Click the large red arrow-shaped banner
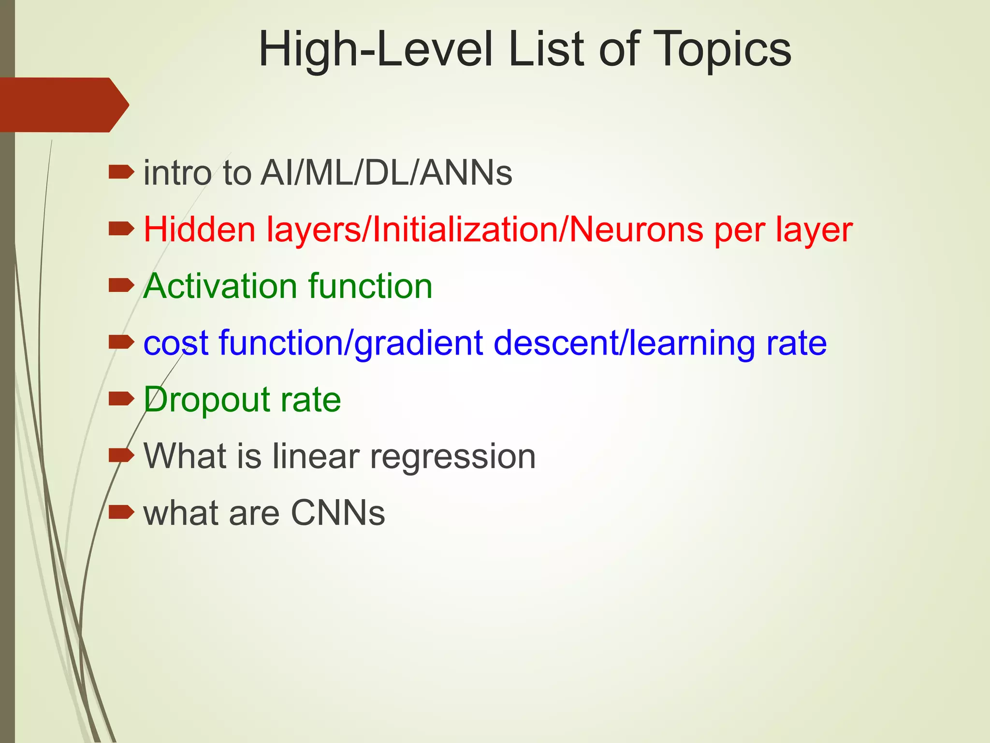point(63,104)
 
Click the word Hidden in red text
point(199,229)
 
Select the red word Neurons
point(636,229)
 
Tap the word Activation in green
point(220,286)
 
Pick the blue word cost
point(176,343)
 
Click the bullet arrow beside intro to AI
point(121,172)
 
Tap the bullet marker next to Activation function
point(121,285)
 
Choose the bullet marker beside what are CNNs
point(121,512)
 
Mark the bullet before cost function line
point(121,342)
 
